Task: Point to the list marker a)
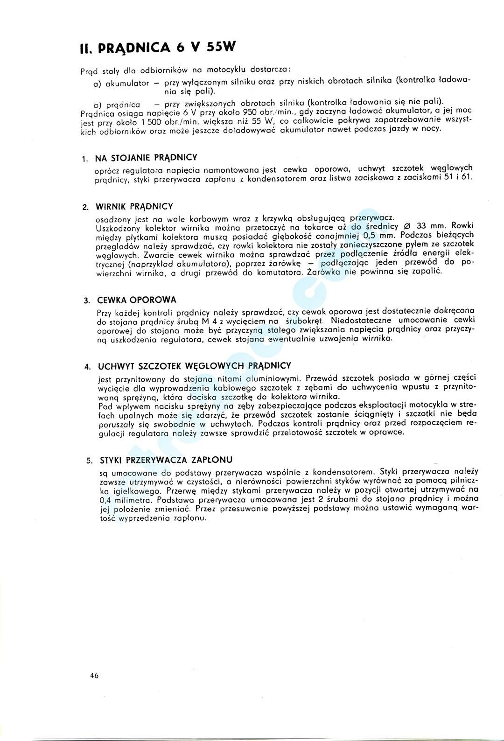98,84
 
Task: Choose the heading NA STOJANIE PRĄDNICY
146,158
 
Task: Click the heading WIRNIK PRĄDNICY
134,206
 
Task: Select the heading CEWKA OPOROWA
137,300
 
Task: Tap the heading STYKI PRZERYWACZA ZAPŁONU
166,460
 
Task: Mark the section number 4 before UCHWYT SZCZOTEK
87,367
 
